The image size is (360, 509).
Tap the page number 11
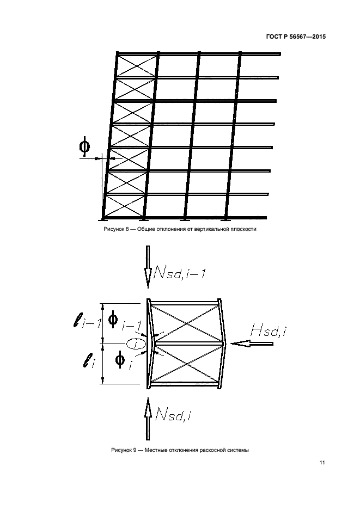[322, 463]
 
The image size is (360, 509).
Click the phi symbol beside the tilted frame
[84, 147]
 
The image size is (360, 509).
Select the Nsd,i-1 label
[179, 274]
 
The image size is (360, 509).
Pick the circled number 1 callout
[136, 344]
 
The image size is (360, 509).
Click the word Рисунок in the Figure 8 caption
[114, 229]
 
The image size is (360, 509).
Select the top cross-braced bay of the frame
[137, 65]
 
